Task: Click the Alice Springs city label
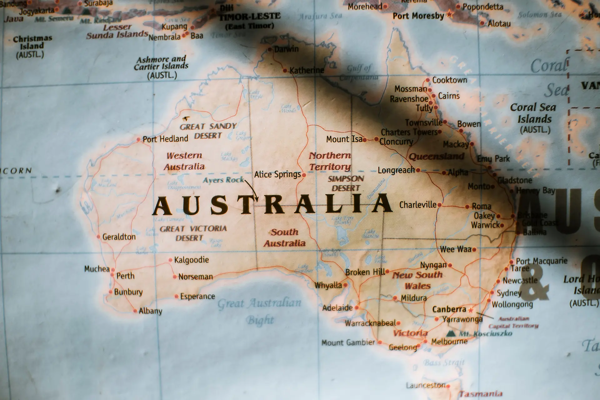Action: point(277,174)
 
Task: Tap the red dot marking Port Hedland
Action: point(138,140)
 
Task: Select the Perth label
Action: point(125,276)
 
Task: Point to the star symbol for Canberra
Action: point(471,310)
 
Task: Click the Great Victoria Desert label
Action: point(193,233)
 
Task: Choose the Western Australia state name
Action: point(184,161)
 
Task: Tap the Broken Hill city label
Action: point(365,272)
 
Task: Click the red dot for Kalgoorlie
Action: point(170,260)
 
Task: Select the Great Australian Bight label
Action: point(259,311)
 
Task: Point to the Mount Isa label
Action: point(344,139)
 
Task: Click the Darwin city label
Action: point(286,49)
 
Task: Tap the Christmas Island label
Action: point(32,46)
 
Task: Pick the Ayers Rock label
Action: point(223,180)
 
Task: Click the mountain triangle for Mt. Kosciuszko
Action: point(451,333)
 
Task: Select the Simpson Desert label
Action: point(346,183)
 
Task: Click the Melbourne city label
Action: point(449,342)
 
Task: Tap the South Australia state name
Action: point(284,237)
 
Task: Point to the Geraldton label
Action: point(119,237)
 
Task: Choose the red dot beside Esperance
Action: point(177,296)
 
